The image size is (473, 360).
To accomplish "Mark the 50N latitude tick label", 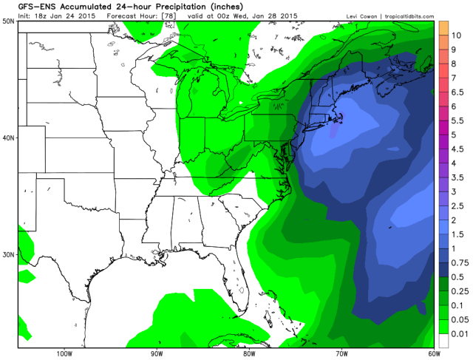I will pyautogui.click(x=10, y=21).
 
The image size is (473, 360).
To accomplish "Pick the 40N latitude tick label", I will pyautogui.click(x=10, y=137).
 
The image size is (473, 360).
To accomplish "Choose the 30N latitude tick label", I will pyautogui.click(x=10, y=254).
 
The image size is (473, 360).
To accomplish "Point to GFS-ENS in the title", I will pyautogui.click(x=23, y=7).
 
